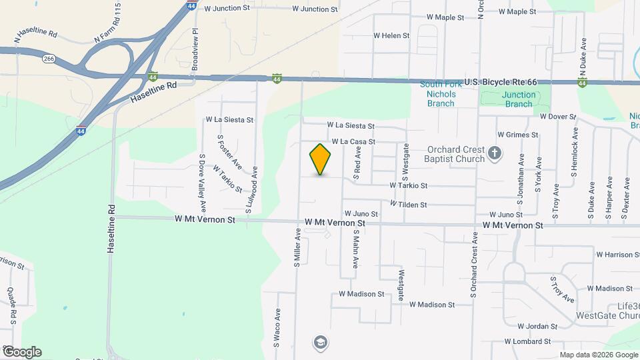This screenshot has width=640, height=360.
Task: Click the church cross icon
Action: coord(495,154)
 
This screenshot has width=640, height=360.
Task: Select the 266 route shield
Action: coord(49,59)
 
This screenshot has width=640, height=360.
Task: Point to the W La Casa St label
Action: coord(353,142)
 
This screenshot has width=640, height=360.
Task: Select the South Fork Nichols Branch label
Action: coord(438,94)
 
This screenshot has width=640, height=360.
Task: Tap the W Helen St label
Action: coord(391,35)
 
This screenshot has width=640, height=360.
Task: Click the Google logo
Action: coord(22,352)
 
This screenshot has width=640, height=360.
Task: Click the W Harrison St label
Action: coord(618,255)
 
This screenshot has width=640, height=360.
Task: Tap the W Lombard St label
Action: coord(527,341)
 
